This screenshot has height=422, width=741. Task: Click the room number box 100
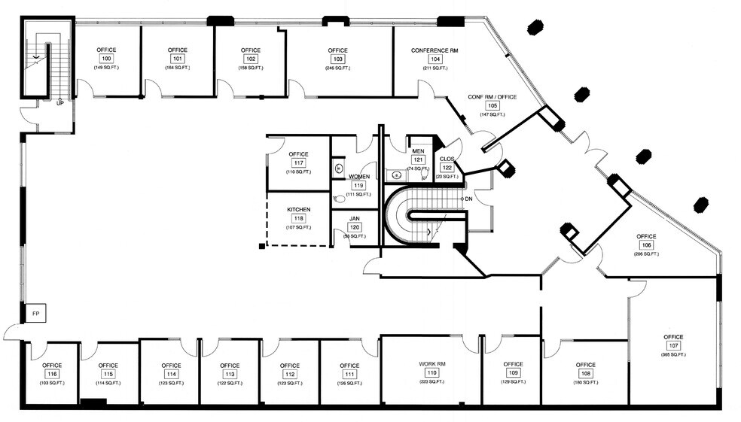click(x=106, y=59)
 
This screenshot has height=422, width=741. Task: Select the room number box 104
click(x=435, y=59)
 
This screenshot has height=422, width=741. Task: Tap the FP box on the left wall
click(x=35, y=312)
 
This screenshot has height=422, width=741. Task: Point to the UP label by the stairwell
click(x=59, y=103)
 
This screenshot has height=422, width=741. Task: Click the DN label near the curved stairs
click(x=468, y=198)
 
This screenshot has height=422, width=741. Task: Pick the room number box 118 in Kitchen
click(x=299, y=219)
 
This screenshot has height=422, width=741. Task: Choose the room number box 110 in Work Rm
click(x=431, y=373)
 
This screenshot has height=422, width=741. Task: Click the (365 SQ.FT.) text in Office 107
click(x=672, y=354)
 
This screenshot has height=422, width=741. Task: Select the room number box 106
click(x=646, y=245)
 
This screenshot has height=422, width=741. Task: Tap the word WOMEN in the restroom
click(x=359, y=176)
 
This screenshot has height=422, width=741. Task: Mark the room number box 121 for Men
click(x=418, y=160)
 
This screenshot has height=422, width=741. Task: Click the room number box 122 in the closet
click(x=447, y=168)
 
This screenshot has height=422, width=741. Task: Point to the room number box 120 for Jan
click(x=355, y=227)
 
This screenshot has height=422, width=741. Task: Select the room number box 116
click(x=52, y=374)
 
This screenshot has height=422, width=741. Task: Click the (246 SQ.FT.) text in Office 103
click(x=337, y=68)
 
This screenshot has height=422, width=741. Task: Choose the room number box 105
click(x=492, y=105)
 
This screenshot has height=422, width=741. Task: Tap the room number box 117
click(x=299, y=163)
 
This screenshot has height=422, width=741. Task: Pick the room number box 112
click(x=289, y=374)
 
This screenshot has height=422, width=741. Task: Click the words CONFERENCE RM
click(x=435, y=50)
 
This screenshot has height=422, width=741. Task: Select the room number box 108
click(x=585, y=373)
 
